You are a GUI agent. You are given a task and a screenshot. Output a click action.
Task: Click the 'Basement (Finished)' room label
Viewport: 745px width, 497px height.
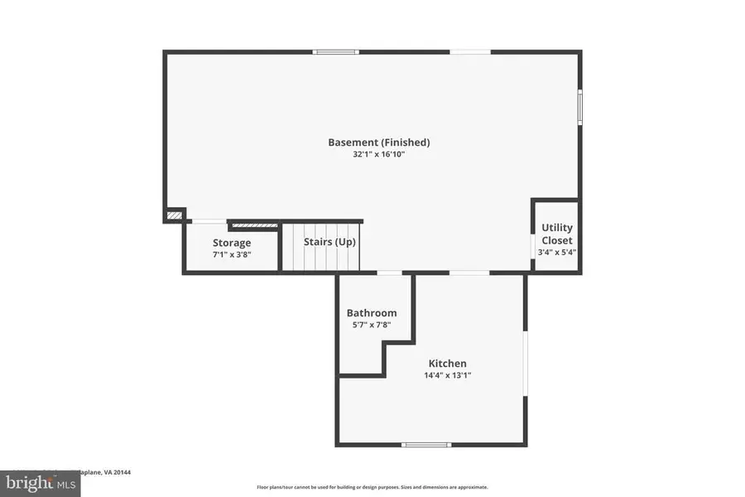378,142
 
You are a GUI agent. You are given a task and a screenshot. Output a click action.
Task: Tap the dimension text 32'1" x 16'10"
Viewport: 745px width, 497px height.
378,155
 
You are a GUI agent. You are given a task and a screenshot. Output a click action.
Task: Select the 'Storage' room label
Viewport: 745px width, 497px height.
232,243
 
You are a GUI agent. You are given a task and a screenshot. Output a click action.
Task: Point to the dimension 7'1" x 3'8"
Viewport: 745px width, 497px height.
232,254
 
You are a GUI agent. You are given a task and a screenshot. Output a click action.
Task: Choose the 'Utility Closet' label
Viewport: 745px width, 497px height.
556,234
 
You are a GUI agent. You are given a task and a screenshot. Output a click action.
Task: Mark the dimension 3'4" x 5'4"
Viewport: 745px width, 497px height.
556,253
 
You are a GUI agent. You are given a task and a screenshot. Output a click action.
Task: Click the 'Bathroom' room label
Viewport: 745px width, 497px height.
371,313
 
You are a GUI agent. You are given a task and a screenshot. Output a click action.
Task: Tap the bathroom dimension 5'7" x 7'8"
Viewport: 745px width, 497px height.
371,325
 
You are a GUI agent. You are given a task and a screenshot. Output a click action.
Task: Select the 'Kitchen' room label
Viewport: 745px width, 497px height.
447,364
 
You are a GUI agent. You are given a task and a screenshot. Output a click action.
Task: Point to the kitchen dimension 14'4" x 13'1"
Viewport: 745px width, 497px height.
447,375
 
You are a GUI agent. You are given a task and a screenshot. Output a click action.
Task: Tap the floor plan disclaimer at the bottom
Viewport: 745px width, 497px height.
372,487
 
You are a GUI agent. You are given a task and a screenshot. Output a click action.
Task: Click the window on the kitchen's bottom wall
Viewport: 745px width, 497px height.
425,445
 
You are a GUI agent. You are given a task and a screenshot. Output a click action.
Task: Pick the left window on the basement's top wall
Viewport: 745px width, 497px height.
335,52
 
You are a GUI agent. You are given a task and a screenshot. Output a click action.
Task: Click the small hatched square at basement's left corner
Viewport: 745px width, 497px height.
174,215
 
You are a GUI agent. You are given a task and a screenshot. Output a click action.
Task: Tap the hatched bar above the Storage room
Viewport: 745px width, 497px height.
254,224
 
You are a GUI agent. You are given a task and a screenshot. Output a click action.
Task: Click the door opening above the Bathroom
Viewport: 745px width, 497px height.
389,273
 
